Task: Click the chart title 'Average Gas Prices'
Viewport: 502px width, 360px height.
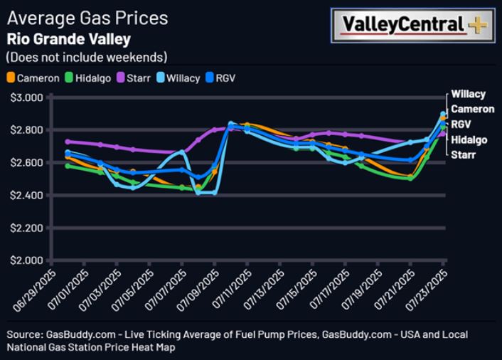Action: coord(87,18)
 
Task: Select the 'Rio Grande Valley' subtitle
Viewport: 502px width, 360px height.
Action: coord(69,38)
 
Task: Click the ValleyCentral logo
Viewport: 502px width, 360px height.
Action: coord(412,25)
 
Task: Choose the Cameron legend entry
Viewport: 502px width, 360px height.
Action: coord(33,78)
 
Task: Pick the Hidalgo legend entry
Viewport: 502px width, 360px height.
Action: coord(88,78)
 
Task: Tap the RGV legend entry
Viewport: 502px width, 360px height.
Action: coord(220,78)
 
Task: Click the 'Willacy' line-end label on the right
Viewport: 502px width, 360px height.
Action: coord(468,94)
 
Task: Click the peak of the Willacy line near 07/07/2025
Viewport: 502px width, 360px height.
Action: coord(182,152)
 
